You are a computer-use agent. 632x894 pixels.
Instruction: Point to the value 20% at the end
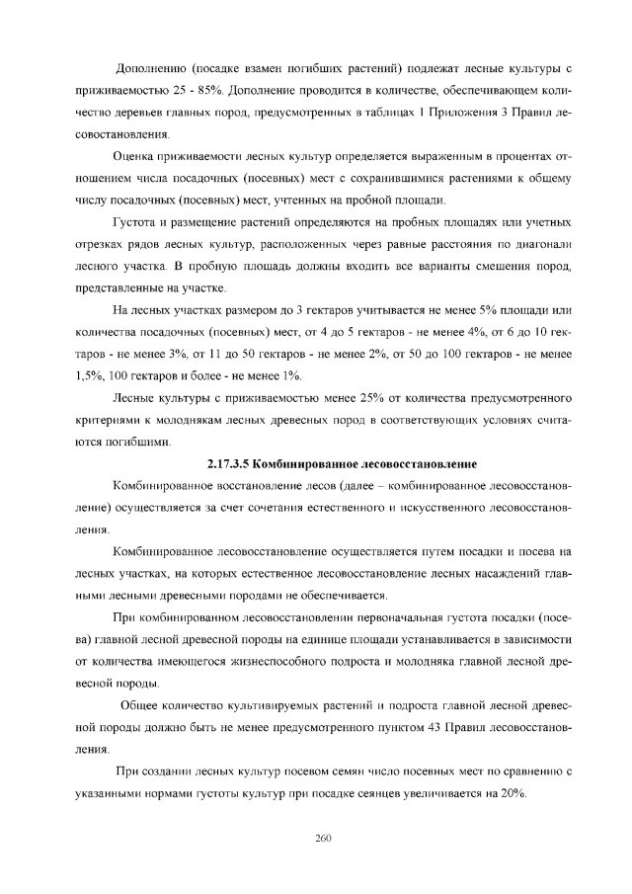pyautogui.click(x=513, y=793)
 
